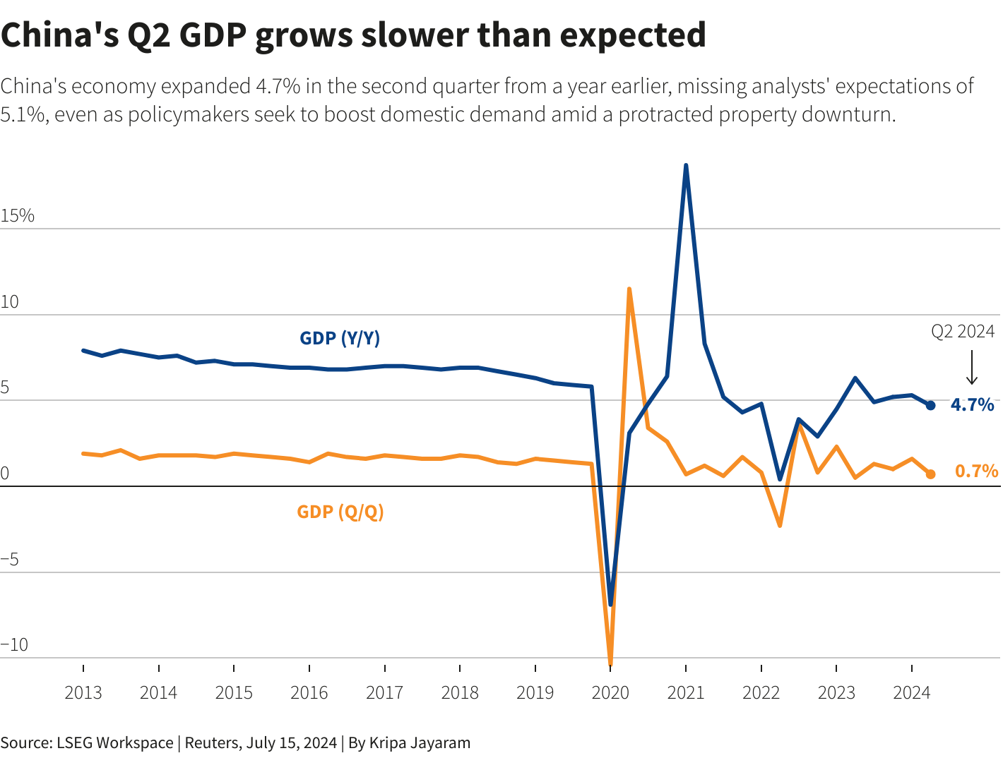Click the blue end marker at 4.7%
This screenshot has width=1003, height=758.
tap(930, 405)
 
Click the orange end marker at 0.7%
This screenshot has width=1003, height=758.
tap(930, 474)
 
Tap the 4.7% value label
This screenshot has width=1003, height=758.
tap(972, 404)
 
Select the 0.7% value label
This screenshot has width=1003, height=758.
tap(976, 471)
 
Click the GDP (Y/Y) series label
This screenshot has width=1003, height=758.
tap(340, 338)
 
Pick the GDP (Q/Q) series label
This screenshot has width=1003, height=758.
tap(340, 512)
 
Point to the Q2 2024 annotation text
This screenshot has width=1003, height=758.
tap(962, 331)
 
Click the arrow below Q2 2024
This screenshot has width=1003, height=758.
tap(971, 368)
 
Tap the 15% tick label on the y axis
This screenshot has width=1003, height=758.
tap(18, 216)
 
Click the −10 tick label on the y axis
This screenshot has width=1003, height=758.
tap(15, 645)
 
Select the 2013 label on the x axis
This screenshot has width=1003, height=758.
tap(83, 692)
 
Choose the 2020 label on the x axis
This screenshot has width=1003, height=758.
tap(610, 692)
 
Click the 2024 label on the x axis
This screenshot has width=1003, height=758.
tap(911, 692)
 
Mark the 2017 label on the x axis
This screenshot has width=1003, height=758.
tap(384, 692)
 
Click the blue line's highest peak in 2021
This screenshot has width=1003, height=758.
tap(686, 166)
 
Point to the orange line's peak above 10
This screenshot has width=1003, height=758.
tap(629, 289)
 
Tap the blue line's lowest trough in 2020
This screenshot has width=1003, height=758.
tap(610, 604)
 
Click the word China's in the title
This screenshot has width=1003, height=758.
tap(59, 35)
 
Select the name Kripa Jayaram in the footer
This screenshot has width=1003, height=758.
tap(420, 742)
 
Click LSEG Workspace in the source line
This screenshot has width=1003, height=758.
tap(115, 742)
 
